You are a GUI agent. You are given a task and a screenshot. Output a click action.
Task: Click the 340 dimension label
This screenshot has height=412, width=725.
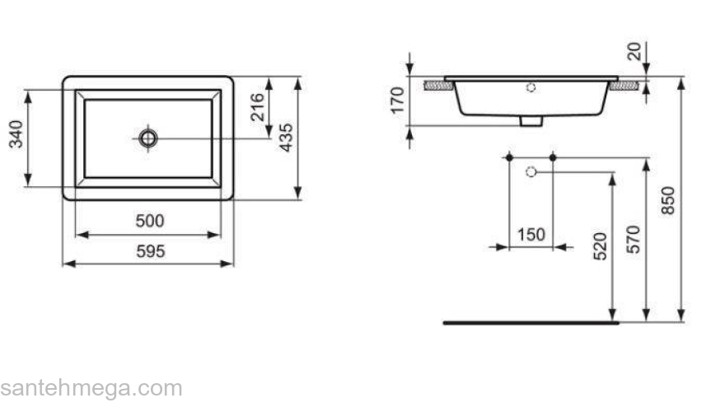click(16, 135)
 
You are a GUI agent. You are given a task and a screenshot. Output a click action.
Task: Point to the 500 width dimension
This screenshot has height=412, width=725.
click(150, 221)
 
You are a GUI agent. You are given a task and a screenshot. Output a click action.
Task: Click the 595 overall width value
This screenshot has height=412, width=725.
click(150, 251)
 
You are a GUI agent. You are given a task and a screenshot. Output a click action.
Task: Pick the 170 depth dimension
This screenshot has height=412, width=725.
click(396, 100)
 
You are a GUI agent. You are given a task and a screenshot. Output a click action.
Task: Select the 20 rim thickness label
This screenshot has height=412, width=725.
click(634, 52)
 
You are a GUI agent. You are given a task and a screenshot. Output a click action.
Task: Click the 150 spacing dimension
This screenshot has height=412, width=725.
click(531, 235)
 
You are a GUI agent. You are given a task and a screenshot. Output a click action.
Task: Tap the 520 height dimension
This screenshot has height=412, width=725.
click(600, 247)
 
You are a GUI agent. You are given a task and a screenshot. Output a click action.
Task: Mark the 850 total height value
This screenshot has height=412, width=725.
click(668, 200)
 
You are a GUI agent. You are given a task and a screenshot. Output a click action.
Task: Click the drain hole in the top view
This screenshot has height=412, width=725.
click(148, 138)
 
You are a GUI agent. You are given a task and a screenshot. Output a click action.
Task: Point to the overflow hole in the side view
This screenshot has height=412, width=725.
click(531, 87)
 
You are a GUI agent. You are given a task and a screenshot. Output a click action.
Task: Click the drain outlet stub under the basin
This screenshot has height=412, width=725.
click(531, 121)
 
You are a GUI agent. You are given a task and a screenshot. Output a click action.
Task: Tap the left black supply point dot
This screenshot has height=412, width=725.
click(510, 157)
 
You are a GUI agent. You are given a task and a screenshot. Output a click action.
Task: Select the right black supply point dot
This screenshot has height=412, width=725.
click(553, 157)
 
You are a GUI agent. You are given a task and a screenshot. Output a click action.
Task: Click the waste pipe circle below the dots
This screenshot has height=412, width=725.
click(531, 171)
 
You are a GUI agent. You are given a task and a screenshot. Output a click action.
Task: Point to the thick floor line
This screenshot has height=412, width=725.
click(529, 323)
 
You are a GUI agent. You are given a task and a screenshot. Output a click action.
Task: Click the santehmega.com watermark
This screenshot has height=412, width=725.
click(91, 387)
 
